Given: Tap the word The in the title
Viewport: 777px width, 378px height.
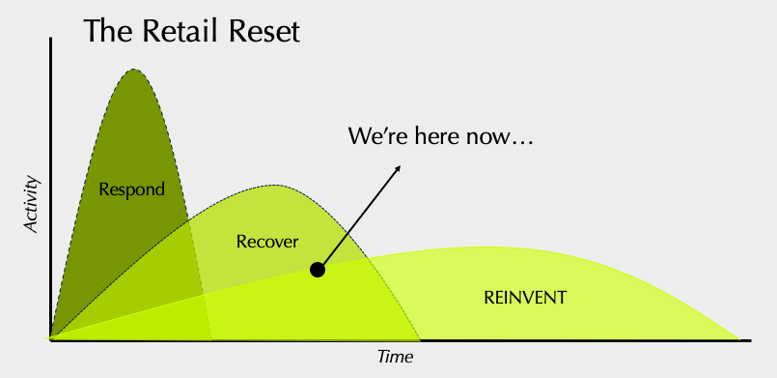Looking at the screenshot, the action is pyautogui.click(x=108, y=31).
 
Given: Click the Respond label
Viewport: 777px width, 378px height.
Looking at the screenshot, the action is pyautogui.click(x=131, y=190).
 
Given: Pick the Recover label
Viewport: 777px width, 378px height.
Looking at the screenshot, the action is pyautogui.click(x=267, y=242).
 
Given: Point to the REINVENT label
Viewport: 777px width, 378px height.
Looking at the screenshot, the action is pyautogui.click(x=525, y=298).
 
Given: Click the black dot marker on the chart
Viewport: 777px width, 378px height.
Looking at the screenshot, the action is pyautogui.click(x=318, y=270).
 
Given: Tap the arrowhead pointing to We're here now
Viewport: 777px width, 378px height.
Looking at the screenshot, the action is pyautogui.click(x=399, y=167).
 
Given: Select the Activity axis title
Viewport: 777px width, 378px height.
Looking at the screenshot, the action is pyautogui.click(x=31, y=204).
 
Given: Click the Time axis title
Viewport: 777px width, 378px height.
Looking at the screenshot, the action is pyautogui.click(x=395, y=357).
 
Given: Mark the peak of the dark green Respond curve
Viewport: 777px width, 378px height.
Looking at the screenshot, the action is pyautogui.click(x=134, y=70).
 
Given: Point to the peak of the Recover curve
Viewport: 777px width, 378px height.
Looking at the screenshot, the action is pyautogui.click(x=276, y=186).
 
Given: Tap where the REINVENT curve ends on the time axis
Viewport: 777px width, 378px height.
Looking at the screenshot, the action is pyautogui.click(x=739, y=339).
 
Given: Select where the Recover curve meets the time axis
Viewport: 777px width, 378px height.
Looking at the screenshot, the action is pyautogui.click(x=420, y=340).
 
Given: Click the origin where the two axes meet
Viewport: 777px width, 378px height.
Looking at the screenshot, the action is pyautogui.click(x=50, y=340).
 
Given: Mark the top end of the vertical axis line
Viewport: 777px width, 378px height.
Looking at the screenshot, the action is pyautogui.click(x=50, y=38).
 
